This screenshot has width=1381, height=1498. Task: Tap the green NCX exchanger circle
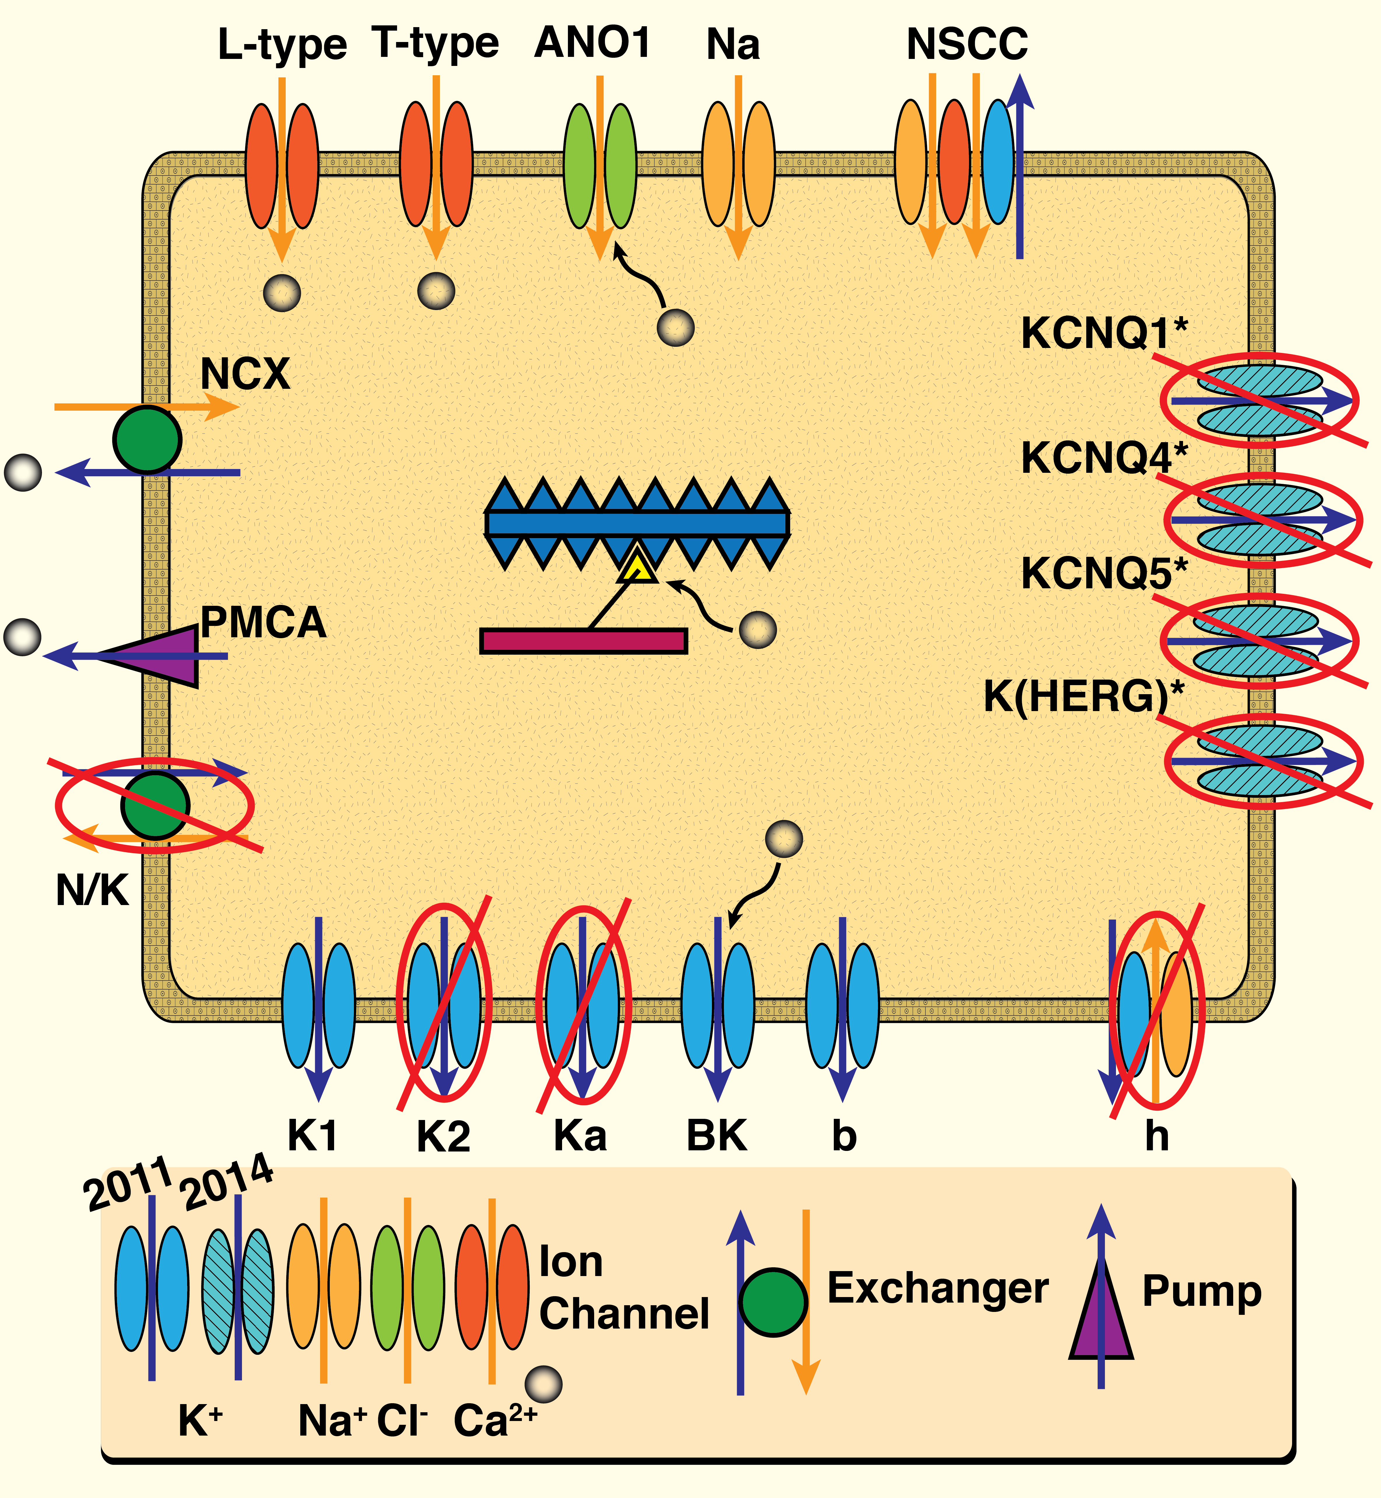(147, 440)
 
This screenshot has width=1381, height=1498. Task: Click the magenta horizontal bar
(583, 640)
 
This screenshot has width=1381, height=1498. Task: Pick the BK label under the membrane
(716, 1135)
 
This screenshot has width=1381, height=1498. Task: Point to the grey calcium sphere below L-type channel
(282, 292)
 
